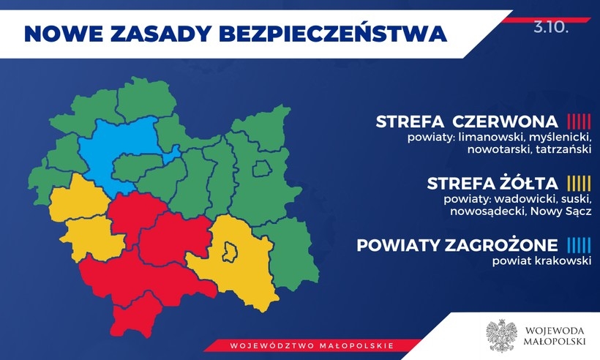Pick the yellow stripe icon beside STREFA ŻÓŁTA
[x=579, y=183]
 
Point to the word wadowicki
[x=522, y=199]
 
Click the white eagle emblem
[x=501, y=334]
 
